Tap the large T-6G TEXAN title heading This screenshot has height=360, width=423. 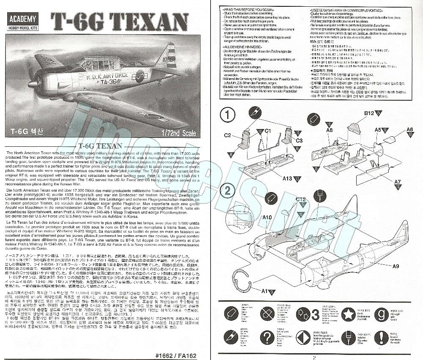(x=119, y=20)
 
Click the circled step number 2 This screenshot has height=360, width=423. (x=228, y=191)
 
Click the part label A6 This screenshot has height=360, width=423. (x=409, y=130)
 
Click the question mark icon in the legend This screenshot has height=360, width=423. (x=266, y=338)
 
